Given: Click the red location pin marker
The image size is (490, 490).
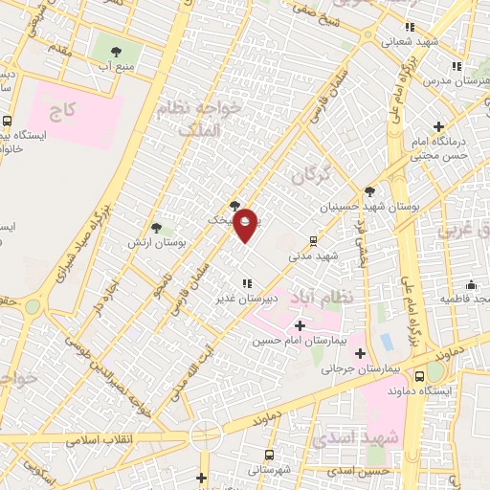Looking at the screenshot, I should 246,225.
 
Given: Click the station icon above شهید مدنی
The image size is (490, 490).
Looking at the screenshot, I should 313,241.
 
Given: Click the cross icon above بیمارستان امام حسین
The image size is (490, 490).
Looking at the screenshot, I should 300,326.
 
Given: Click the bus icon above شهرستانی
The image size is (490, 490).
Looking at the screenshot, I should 269,455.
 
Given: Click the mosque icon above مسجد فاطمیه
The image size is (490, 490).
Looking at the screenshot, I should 471,284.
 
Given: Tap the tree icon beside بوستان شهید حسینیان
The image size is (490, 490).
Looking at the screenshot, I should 369,191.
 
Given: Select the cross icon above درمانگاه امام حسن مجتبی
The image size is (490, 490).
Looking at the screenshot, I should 438,126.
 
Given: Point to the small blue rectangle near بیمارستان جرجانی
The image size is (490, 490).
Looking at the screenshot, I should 387,342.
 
